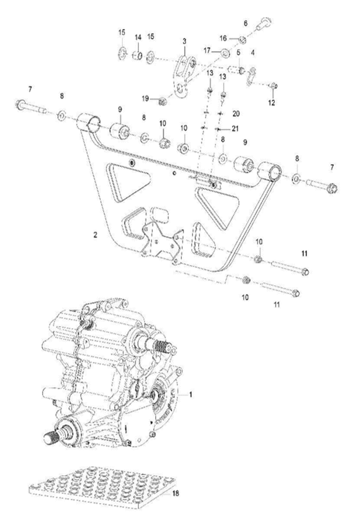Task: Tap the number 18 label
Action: coord(176,493)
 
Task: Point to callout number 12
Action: coord(271,103)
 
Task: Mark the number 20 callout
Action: coord(236,114)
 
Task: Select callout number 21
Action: coord(235,128)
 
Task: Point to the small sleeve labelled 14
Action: coord(138,55)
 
